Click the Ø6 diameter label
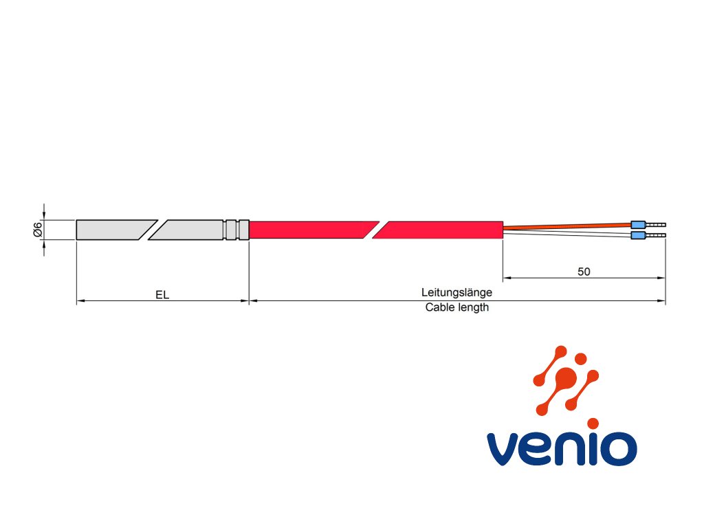click(x=38, y=230)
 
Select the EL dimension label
click(x=162, y=294)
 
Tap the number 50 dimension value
click(x=584, y=272)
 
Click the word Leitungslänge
click(x=456, y=292)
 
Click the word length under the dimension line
click(x=473, y=307)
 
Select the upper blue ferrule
click(x=639, y=224)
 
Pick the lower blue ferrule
click(x=639, y=236)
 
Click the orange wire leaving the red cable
click(x=564, y=225)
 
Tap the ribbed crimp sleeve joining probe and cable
click(x=236, y=230)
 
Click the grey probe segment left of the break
click(x=110, y=230)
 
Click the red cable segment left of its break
click(x=309, y=230)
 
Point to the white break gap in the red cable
click(x=375, y=230)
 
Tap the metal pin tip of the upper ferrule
click(x=657, y=224)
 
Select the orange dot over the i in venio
click(x=593, y=423)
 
